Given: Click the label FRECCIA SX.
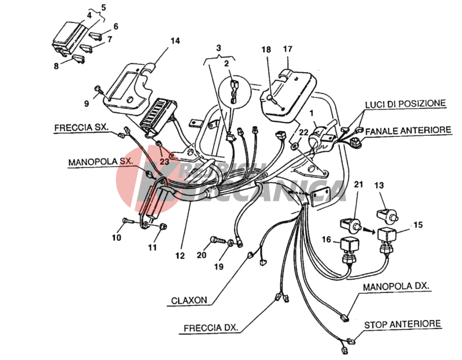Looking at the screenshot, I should click(x=81, y=127).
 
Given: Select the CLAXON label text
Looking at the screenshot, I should click(x=189, y=301).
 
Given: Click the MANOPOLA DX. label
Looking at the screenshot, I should click(x=396, y=287).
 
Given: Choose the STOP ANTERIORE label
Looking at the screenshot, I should click(x=402, y=323).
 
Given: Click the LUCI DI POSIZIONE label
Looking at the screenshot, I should click(x=405, y=103).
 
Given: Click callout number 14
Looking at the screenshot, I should click(x=175, y=41).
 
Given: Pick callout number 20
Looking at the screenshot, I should click(x=201, y=254).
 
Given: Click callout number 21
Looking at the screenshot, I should click(x=358, y=185).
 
